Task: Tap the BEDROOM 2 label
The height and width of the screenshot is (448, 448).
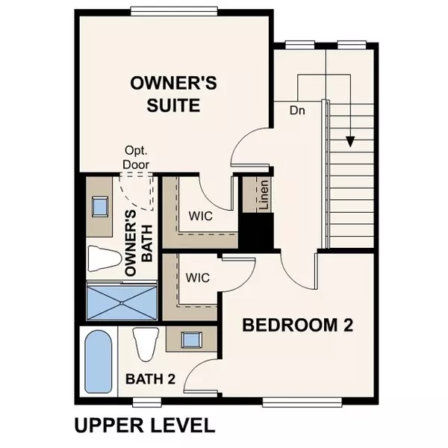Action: (296, 326)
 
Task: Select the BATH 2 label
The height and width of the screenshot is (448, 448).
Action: (150, 379)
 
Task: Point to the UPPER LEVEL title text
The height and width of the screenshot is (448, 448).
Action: (144, 426)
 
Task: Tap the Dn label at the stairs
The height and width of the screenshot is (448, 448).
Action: (299, 111)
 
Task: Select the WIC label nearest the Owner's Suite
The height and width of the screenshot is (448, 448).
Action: (199, 217)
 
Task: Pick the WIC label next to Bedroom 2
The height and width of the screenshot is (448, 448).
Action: (198, 278)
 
